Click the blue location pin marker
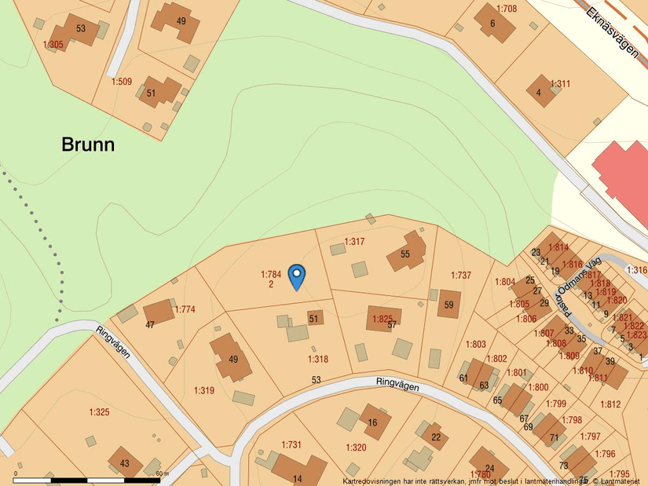(297, 276)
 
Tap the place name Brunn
(88, 144)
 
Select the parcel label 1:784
(271, 275)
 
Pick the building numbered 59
(448, 304)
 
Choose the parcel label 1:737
(461, 275)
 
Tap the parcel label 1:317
(354, 241)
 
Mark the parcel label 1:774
(185, 309)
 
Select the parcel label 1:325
(99, 411)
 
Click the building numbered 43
(125, 462)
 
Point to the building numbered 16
(373, 422)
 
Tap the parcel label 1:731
(291, 445)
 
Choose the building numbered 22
(435, 437)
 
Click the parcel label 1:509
(122, 81)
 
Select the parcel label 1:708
(507, 9)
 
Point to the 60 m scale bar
(86, 479)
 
